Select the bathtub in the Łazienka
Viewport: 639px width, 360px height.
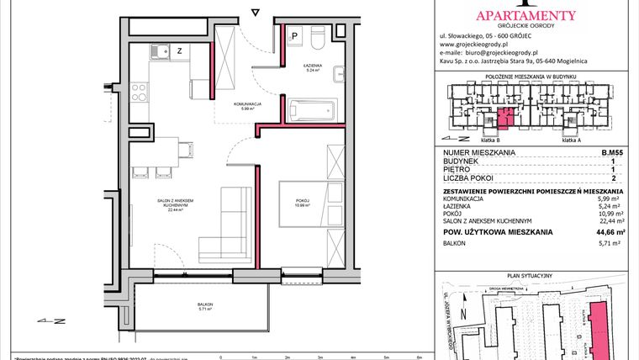pos(311,110)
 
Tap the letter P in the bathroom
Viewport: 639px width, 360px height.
pos(296,36)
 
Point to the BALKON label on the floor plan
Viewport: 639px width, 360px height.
pos(206,304)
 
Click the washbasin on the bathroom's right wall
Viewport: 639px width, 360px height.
pos(337,72)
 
